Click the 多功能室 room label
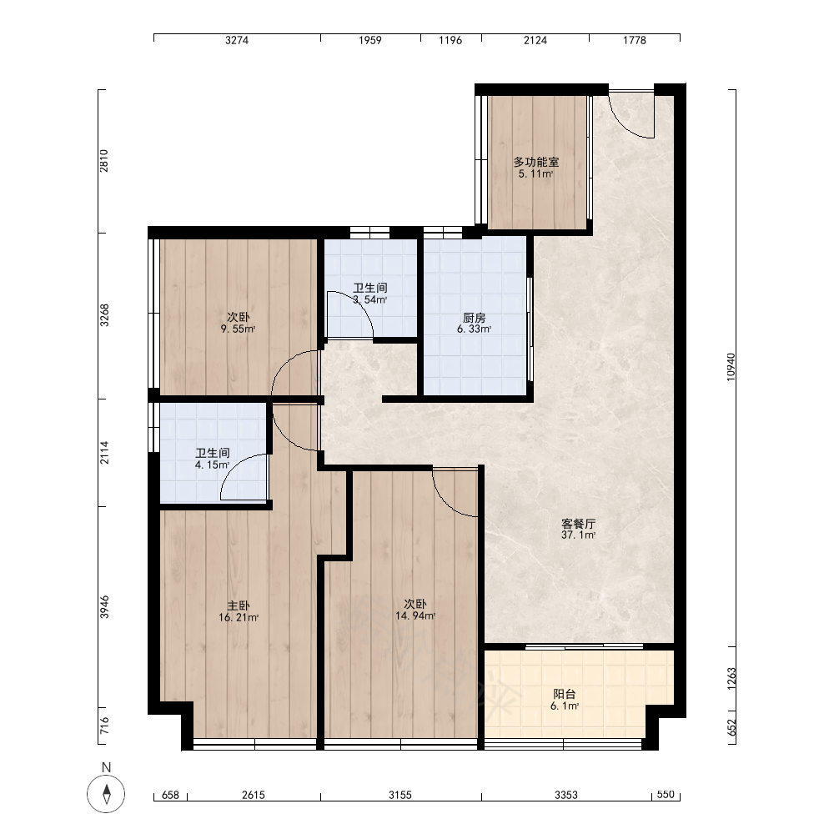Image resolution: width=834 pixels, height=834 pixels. pos(536,162)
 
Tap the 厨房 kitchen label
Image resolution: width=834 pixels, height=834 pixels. pos(474,318)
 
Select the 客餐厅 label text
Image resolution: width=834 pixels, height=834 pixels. pos(578,524)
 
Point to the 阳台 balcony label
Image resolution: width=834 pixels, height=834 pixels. pos(565,694)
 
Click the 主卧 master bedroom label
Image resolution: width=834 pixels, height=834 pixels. pos(239,605)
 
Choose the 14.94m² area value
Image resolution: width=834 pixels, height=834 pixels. pos(415,616)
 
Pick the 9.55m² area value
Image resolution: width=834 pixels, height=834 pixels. pos(239,329)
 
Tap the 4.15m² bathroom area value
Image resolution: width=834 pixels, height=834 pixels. pos(212,465)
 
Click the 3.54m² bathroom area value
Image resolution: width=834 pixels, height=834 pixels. pos(370,299)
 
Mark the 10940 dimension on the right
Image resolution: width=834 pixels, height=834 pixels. pos(731,367)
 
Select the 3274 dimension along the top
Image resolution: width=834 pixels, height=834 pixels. pos(237,40)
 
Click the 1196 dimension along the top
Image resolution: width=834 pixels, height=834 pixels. pos(450,40)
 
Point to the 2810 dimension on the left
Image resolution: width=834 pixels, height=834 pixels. pos(103,161)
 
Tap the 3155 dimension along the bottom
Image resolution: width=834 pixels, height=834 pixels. pos(400,795)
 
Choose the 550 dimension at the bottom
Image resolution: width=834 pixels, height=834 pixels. pos(666,794)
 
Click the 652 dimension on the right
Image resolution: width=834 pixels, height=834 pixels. pos(731,728)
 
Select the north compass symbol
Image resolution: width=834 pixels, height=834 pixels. pos(107,794)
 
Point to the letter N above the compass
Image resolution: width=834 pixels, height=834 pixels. pos(107,767)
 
